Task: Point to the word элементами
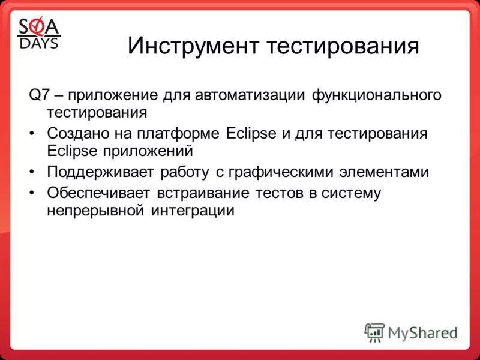[x=392, y=172]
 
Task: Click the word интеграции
[x=195, y=211]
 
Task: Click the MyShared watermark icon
[x=374, y=332]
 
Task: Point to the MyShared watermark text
[x=422, y=332]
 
